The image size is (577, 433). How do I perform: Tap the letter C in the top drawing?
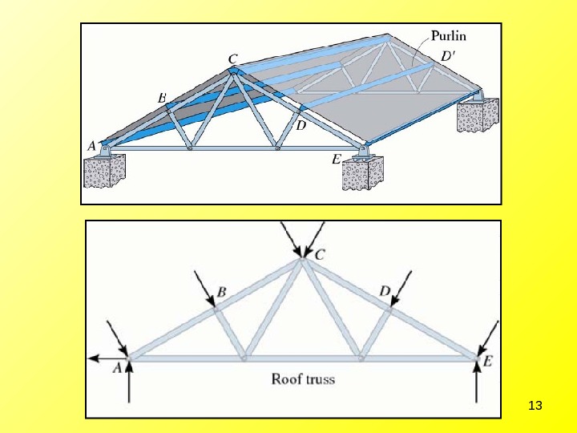232,59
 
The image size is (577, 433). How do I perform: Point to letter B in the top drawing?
162,98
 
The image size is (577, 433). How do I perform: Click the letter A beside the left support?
91,146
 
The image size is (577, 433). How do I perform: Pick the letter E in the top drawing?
337,160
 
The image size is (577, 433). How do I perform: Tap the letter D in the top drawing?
301,127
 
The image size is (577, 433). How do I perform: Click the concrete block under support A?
105,172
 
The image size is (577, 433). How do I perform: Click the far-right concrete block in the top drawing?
478,115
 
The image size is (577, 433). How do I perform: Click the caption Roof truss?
303,378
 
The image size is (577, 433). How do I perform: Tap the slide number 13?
536,406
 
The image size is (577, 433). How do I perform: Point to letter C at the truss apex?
320,255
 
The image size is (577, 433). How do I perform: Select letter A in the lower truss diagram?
117,368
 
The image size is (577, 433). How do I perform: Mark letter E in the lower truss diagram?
487,362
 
